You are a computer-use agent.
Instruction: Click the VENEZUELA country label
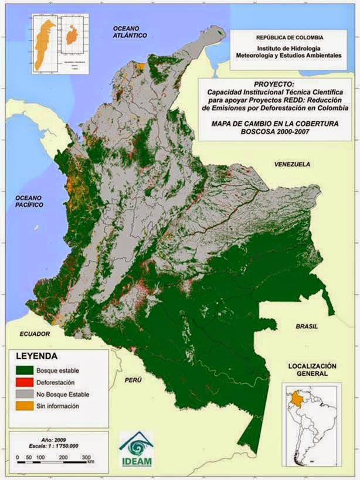click(291, 165)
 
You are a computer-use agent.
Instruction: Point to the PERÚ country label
click(133, 380)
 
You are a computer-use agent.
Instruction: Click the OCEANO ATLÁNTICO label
click(129, 32)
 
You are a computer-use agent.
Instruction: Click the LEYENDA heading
click(36, 356)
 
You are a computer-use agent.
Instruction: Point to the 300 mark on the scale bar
click(86, 456)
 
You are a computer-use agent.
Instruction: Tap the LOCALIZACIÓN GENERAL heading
click(313, 369)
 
